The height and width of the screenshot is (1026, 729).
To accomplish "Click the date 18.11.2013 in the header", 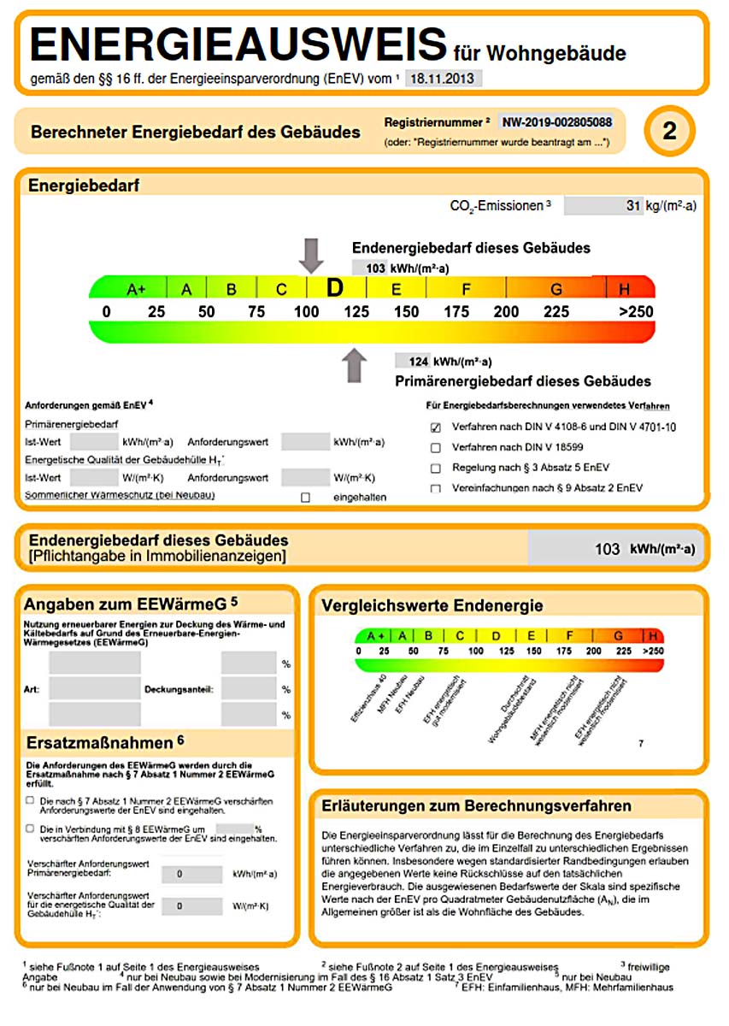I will coord(443,79).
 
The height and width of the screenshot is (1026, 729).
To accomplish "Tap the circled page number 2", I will coord(669,131).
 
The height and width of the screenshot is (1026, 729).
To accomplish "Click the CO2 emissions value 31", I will coord(633,206).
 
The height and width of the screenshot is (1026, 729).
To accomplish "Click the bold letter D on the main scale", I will coord(334,288).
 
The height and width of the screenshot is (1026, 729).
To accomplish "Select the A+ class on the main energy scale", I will coord(136,289).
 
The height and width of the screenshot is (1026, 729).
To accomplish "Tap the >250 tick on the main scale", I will coord(636,312).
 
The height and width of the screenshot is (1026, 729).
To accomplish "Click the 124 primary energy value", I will coord(418,361).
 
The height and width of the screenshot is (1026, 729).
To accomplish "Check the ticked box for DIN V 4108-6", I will coord(436,427).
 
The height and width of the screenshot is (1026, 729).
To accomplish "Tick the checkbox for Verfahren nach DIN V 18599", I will coord(436,447).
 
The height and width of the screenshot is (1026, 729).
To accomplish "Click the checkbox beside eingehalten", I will coord(305,498).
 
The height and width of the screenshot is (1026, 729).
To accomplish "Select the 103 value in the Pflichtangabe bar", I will coord(608,549).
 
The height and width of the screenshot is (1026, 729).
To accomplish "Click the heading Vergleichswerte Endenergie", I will coord(432,606).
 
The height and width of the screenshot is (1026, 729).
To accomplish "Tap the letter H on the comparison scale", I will coord(653,635).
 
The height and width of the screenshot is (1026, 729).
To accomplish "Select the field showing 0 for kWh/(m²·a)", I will coord(179,875).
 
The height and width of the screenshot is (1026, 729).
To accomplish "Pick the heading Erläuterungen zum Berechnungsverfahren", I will coord(476,806).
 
